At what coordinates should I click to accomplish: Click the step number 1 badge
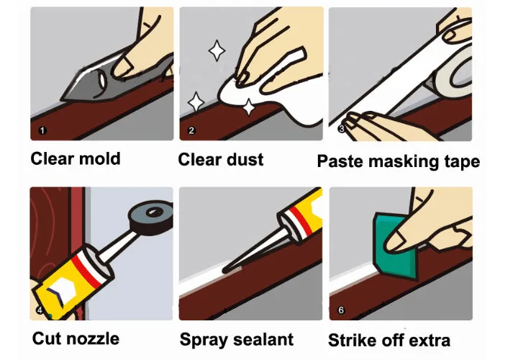42,130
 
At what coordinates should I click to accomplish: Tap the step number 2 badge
191,130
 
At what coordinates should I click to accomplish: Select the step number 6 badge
341,310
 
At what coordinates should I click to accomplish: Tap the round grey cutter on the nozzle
151,216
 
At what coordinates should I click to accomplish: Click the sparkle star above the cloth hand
217,50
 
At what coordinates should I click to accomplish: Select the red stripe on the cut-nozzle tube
86,271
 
